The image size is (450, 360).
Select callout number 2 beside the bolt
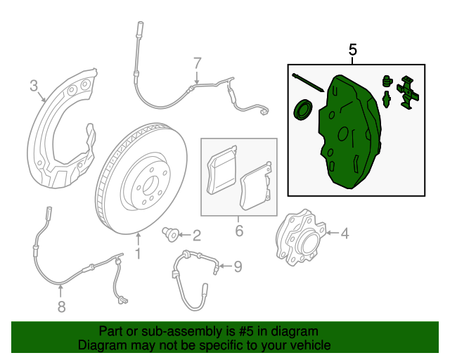click(196, 235)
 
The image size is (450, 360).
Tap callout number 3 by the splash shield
click(33, 86)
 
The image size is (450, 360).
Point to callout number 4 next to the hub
click(345, 233)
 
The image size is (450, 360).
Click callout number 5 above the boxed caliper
click(353, 50)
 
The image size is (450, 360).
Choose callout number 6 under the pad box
click(239, 230)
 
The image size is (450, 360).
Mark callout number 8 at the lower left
click(61, 306)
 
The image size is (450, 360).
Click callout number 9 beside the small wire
click(238, 266)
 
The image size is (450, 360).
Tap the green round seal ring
click(303, 110)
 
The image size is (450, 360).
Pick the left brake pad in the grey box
click(221, 172)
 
